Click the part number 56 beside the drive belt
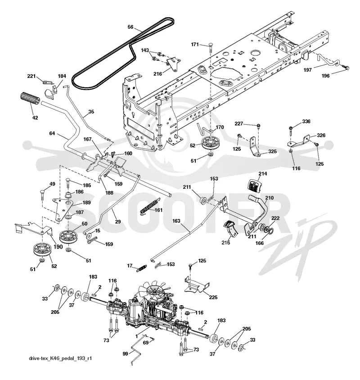tap(130, 27)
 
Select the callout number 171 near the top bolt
tap(195, 45)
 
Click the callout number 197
tap(307, 70)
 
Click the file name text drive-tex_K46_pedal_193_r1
tap(60, 358)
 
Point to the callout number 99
tap(125, 354)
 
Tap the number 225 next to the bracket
tap(213, 297)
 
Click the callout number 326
tap(321, 135)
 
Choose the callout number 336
tap(306, 121)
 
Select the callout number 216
tap(157, 73)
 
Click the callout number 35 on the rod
tap(91, 112)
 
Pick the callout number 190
tap(58, 247)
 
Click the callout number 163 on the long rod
tap(176, 221)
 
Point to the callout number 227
tap(238, 124)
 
